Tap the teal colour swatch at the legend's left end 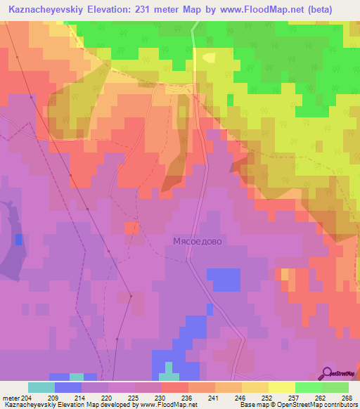[x=41, y=387]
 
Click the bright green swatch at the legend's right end [x=335, y=387]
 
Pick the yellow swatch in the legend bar [x=282, y=387]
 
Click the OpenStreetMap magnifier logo [x=327, y=373]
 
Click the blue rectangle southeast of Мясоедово [x=224, y=280]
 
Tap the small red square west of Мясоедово [x=131, y=228]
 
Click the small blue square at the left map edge [x=18, y=240]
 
